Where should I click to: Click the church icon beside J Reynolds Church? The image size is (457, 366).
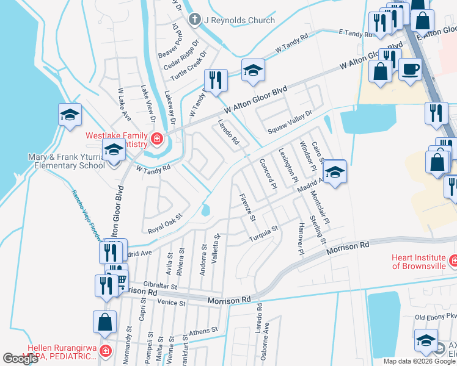point(195,20)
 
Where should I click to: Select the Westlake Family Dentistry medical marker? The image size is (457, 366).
point(157,139)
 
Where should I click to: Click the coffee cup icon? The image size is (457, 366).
point(410,68)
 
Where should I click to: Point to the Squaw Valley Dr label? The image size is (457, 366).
point(290,121)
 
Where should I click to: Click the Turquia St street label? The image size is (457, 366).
point(263,232)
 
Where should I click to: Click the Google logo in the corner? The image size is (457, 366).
point(21,359)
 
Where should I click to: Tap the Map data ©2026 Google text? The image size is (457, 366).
point(419,361)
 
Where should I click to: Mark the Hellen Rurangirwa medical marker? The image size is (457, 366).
point(105,351)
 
